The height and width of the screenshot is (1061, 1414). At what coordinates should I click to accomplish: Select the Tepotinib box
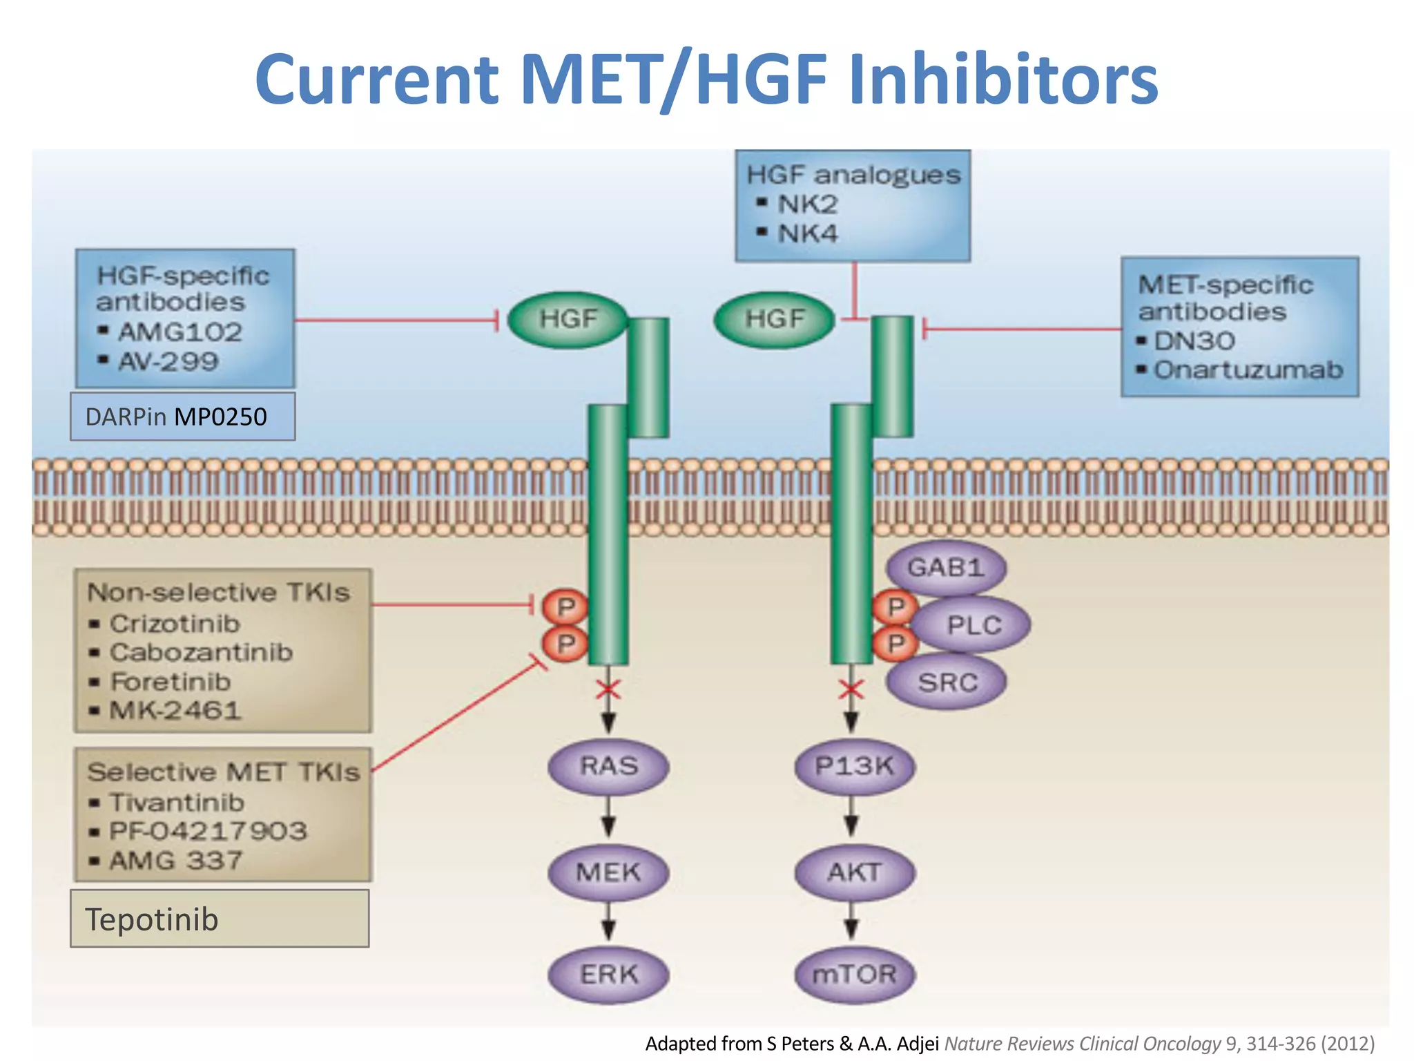pos(220,919)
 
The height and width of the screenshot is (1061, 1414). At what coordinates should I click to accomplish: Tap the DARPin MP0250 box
pos(182,417)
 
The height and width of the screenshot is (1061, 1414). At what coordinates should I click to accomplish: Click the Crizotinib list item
pos(174,624)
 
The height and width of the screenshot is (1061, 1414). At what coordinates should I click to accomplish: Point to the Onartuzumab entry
pos(1248,370)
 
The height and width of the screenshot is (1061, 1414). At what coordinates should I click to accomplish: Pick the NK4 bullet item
pos(806,233)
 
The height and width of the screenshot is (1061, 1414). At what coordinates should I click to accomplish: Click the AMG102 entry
pos(179,332)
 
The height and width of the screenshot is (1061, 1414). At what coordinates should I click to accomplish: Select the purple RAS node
pos(608,766)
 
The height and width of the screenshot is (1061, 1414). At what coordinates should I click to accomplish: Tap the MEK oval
pos(608,872)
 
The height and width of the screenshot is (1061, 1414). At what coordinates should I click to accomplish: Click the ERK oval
pos(608,974)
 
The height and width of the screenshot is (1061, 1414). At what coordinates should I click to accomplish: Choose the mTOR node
pos(854,974)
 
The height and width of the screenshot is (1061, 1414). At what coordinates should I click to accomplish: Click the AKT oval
pos(854,872)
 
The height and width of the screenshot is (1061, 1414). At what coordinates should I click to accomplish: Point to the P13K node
pos(854,766)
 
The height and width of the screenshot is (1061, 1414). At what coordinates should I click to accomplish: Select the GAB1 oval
pos(945,568)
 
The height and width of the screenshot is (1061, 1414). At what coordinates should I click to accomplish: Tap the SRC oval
pos(947,682)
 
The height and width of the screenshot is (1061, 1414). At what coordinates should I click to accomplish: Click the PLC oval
pos(974,625)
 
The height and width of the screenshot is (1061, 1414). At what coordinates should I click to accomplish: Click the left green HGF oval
pos(568,319)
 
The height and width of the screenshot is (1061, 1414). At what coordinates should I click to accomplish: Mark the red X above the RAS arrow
pos(608,689)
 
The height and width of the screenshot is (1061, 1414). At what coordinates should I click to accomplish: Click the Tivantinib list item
pos(177,803)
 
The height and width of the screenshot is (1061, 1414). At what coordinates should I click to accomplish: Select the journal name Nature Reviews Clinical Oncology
pos(1082,1043)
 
